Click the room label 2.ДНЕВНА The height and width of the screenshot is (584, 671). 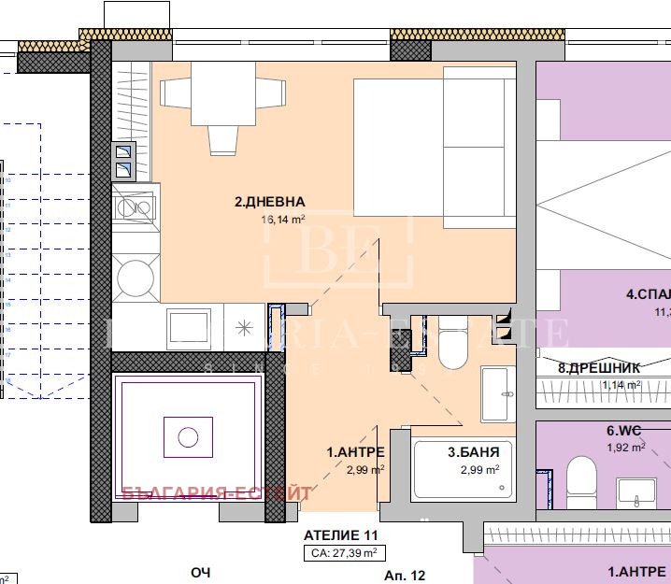click(269, 201)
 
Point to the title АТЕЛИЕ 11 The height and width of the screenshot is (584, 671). click(338, 535)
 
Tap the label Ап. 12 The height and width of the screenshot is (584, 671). click(405, 576)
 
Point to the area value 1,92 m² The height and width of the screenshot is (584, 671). click(625, 448)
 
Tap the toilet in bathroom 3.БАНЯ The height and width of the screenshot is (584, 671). click(454, 343)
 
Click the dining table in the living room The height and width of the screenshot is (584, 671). click(222, 93)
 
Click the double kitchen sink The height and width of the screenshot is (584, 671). click(123, 161)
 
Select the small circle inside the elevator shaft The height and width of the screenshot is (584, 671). click(188, 436)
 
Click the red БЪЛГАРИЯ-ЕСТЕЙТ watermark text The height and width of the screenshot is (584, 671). click(203, 493)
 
